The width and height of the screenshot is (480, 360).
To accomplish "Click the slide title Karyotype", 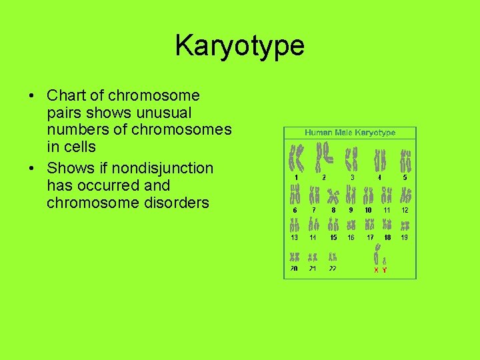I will (x=239, y=46).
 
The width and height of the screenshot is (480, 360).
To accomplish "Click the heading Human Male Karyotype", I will (x=350, y=133).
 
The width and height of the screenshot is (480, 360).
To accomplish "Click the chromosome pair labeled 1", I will (x=295, y=159).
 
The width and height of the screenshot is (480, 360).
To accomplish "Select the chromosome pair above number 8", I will (x=333, y=195).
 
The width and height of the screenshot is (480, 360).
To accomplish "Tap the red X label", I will (x=376, y=270).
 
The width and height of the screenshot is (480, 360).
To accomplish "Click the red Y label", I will (x=385, y=270).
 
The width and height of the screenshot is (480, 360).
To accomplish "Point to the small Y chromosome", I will (x=385, y=261).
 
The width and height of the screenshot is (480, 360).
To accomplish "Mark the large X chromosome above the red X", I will (x=377, y=255).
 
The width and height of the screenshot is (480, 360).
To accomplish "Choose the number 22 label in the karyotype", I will (x=332, y=269).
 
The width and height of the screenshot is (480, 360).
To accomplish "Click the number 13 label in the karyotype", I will (x=294, y=237).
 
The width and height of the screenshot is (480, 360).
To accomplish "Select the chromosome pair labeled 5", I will (x=405, y=161).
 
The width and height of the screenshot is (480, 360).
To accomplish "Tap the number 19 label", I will (x=405, y=237).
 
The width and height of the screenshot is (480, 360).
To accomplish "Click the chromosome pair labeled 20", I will (x=294, y=257).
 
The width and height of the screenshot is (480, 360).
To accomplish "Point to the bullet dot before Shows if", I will (x=33, y=168).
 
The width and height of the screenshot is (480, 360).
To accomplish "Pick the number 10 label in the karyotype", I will (x=368, y=210).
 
